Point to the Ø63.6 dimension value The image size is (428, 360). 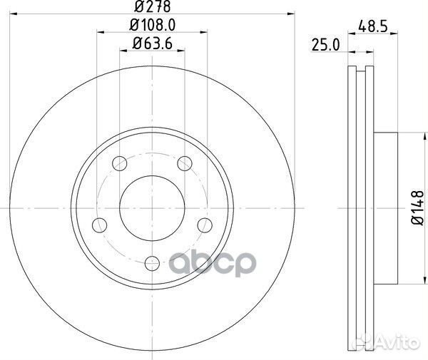pos(151,45)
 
